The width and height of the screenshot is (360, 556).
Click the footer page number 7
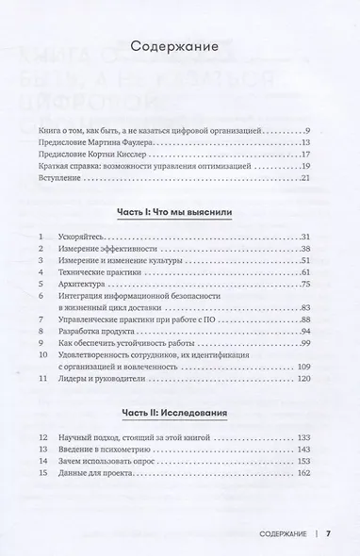pos(328,533)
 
